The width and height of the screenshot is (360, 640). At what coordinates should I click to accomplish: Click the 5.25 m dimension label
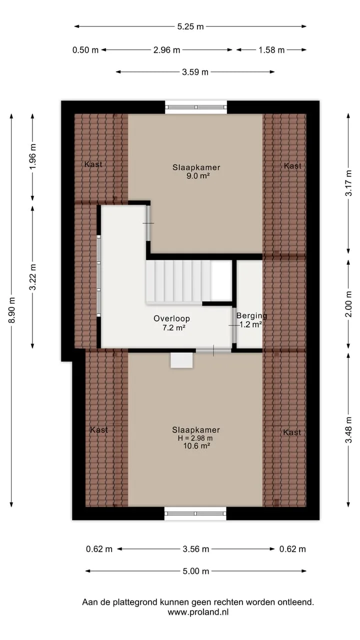[190, 26]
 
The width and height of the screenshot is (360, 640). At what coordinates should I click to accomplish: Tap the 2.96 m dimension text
[166, 50]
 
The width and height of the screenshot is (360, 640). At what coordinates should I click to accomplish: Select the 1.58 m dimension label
[271, 50]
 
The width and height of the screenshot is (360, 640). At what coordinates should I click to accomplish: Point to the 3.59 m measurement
[195, 72]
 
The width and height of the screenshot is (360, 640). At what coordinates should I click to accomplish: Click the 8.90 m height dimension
[11, 310]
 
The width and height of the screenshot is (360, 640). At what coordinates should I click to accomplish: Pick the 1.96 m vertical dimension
[33, 156]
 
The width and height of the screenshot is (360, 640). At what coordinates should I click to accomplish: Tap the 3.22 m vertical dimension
[33, 277]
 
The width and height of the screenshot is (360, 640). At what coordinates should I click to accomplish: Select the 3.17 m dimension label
[348, 183]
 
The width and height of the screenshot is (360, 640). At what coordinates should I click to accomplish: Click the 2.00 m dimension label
[348, 304]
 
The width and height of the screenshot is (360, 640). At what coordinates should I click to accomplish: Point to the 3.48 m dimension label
[348, 429]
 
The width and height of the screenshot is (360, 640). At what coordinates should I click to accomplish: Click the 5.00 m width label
[196, 571]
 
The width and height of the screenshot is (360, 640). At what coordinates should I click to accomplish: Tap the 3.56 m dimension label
[196, 549]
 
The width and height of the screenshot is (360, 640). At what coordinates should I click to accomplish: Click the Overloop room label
[171, 318]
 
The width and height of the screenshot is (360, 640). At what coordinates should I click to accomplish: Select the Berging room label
[251, 315]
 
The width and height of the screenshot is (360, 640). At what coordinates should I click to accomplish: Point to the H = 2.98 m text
[195, 438]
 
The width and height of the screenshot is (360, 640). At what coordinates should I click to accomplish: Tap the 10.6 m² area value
[197, 445]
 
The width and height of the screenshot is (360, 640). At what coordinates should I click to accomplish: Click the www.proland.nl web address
[198, 611]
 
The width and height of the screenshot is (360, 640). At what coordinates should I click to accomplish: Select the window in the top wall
[196, 107]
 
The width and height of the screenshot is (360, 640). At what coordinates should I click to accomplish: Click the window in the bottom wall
[195, 513]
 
